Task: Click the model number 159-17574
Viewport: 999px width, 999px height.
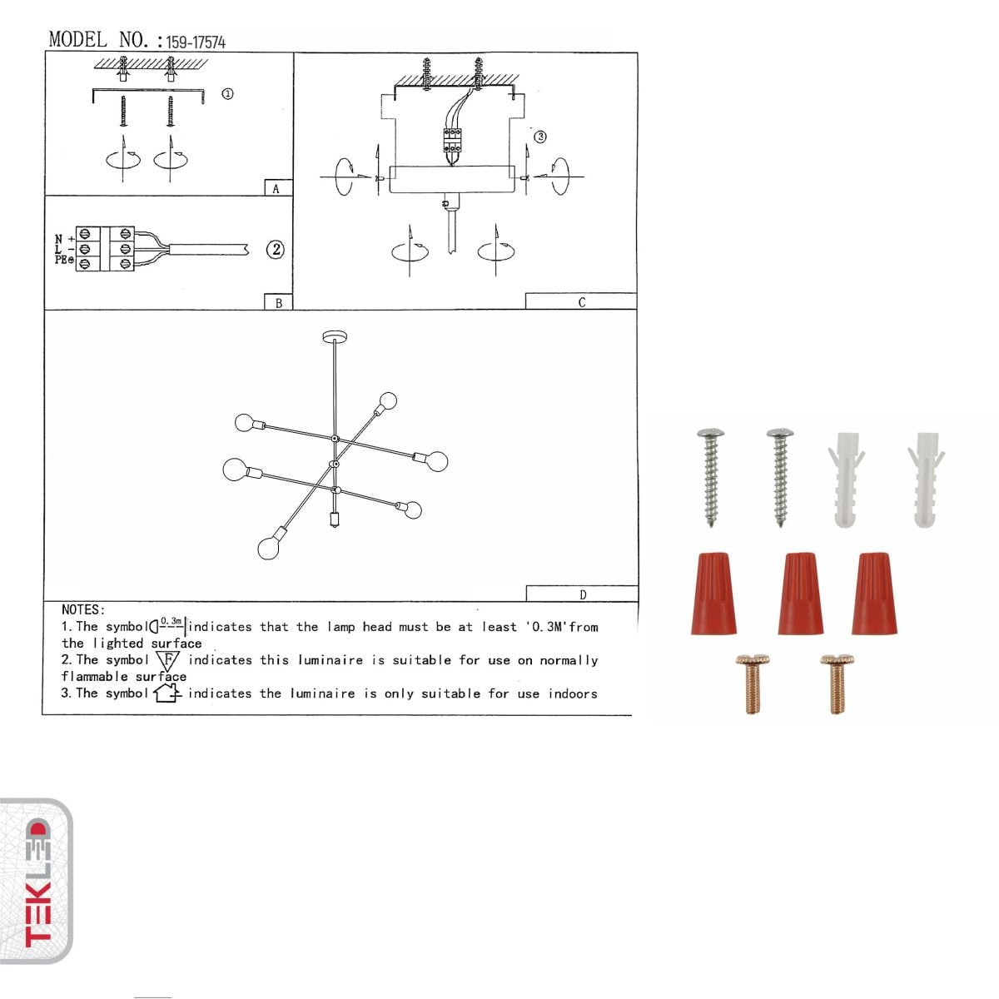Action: [x=196, y=42]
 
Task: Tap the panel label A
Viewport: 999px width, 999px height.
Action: [x=276, y=189]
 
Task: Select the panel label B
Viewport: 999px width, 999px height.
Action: [x=278, y=303]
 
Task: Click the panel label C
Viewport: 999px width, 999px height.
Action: [x=581, y=302]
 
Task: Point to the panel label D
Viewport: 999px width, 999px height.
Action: [x=582, y=594]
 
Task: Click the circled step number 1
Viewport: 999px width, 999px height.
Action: [x=227, y=94]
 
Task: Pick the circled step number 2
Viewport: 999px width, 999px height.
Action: [x=275, y=250]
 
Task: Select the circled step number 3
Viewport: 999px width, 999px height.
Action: [x=540, y=137]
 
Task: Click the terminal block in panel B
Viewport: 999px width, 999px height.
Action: [x=105, y=249]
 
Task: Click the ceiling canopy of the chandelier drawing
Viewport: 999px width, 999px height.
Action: [x=335, y=337]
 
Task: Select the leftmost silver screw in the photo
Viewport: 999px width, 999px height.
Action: [x=710, y=477]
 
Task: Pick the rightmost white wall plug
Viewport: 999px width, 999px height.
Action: [x=926, y=479]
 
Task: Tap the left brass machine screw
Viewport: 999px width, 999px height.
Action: [x=753, y=683]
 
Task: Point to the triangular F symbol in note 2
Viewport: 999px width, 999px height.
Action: [x=167, y=661]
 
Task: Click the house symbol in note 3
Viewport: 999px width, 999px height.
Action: [x=167, y=693]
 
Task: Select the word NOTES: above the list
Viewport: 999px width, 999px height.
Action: [x=83, y=610]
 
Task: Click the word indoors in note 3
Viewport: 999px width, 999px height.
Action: [x=572, y=693]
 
